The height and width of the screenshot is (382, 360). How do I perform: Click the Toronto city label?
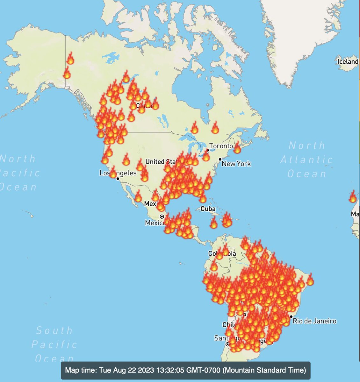[x=221, y=146]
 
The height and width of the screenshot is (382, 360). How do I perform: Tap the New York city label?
[x=236, y=164]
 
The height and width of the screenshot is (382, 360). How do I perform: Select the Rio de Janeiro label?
[x=314, y=321]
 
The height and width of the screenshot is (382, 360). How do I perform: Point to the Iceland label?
[x=348, y=61]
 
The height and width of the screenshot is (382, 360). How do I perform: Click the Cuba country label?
[x=208, y=209]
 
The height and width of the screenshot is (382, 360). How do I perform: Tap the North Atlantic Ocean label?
[x=306, y=159]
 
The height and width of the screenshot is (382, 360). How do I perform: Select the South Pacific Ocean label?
[x=54, y=344]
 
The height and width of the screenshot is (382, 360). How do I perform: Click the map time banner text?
[x=185, y=370]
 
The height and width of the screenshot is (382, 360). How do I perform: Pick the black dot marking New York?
[x=220, y=159]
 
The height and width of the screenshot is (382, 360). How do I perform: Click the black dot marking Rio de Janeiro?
[x=291, y=316]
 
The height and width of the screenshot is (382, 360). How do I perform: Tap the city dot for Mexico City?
[x=162, y=216]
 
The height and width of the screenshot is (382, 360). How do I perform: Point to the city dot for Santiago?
[x=227, y=344]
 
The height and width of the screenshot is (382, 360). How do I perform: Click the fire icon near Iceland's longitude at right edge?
[x=352, y=196]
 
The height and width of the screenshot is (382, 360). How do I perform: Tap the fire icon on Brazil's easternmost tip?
[x=309, y=279]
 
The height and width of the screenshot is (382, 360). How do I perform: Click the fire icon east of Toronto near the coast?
[x=237, y=148]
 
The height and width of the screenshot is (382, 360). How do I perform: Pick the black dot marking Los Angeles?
[x=118, y=179]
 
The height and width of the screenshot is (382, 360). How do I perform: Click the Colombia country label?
[x=222, y=254]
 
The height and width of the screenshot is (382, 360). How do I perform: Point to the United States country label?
[x=159, y=162]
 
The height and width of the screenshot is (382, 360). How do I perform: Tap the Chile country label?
[x=229, y=325]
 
